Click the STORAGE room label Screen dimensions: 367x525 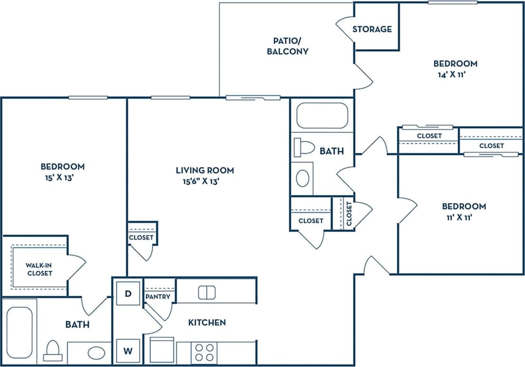point(372,29)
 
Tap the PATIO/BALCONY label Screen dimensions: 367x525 point(287,46)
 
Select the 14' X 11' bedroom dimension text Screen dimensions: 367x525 point(455,74)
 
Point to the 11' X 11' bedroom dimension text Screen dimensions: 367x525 point(464,217)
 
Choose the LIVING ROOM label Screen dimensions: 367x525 point(204,170)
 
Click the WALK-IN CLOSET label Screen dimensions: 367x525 point(39,269)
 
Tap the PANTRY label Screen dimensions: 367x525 point(158,297)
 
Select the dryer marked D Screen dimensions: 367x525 point(127,294)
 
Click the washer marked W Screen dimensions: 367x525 point(127,351)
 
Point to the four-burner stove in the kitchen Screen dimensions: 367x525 point(204,353)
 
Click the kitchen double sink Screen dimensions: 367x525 point(207,292)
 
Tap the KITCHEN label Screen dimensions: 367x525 point(207,322)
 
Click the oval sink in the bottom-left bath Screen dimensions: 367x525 point(97,353)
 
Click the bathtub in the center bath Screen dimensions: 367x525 point(322,116)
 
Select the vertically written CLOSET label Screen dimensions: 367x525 point(349,214)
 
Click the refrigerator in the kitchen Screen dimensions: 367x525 point(162,350)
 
